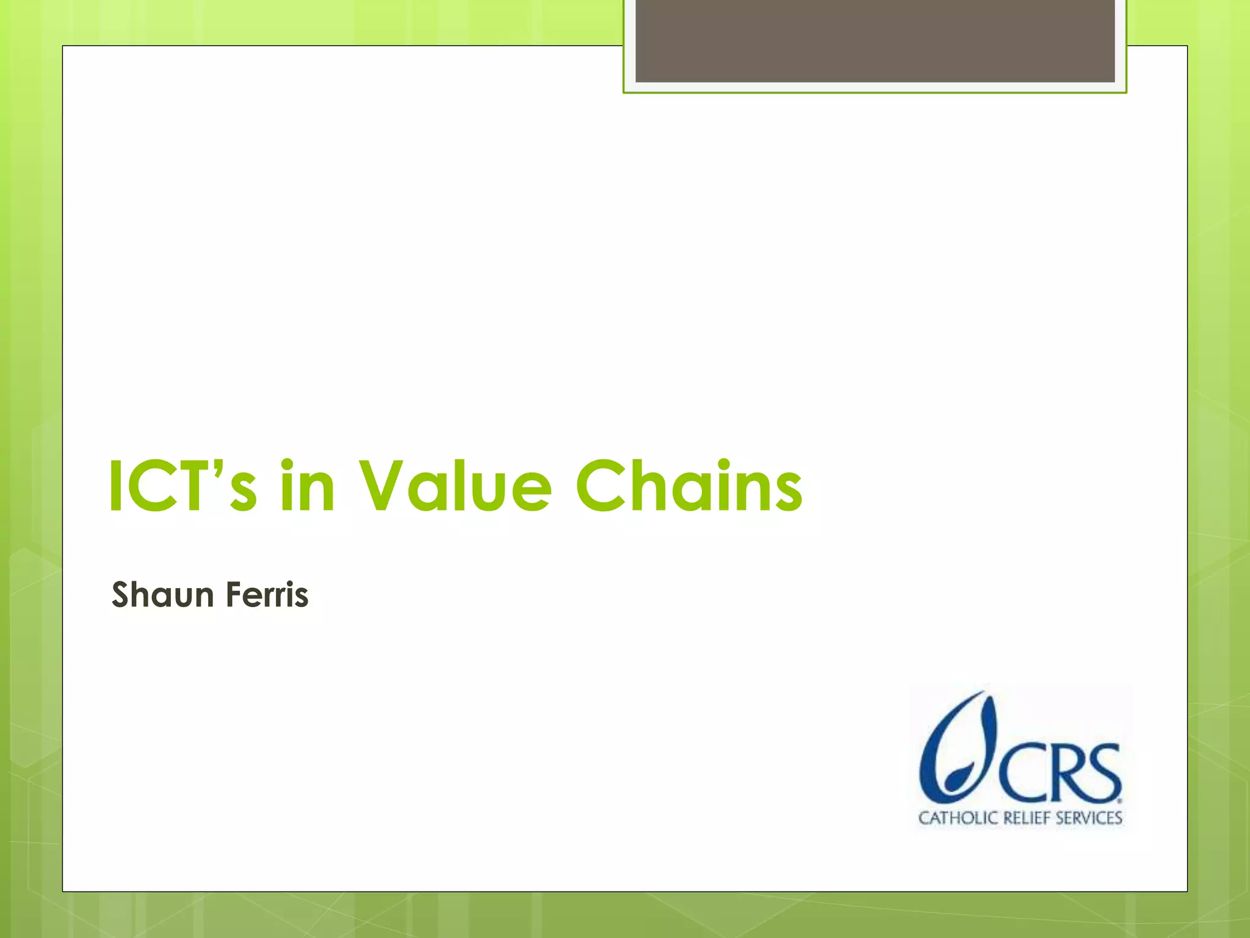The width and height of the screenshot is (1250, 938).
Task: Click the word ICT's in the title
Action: tap(183, 487)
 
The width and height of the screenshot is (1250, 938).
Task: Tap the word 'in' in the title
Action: tap(307, 487)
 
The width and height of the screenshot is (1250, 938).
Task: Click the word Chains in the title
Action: tap(688, 487)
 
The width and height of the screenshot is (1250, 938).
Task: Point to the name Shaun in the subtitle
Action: tap(162, 595)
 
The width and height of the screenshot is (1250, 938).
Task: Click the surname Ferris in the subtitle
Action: tap(267, 595)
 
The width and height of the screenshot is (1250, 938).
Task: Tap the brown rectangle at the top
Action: tap(875, 41)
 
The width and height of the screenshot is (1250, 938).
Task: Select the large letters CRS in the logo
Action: tap(1059, 773)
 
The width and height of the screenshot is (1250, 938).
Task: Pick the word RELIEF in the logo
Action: tap(1026, 818)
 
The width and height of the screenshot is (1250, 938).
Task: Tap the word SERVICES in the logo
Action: tap(1089, 818)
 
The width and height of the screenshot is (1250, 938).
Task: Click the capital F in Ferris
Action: tap(233, 595)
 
